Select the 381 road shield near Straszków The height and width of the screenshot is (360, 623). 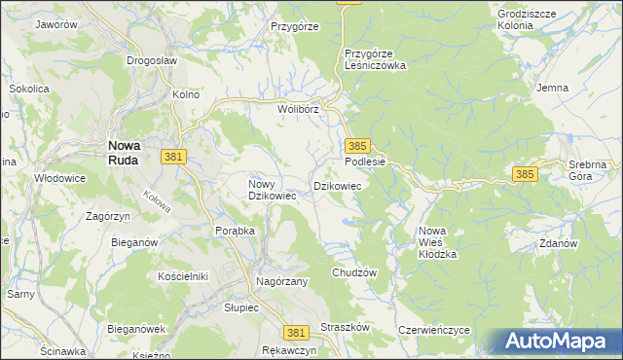[x=298, y=332]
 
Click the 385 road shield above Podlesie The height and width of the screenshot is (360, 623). [x=356, y=144]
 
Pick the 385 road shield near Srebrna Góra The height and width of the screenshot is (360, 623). [x=525, y=174]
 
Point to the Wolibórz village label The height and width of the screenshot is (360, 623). [x=299, y=109]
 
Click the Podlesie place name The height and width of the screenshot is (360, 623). [x=366, y=162]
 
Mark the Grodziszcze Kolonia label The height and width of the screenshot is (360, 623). [x=529, y=19]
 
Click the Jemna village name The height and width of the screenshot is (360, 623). [x=552, y=88]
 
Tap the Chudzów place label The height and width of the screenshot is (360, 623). [x=353, y=273]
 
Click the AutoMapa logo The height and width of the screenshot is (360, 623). [x=557, y=342]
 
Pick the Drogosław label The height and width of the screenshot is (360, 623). [x=152, y=59]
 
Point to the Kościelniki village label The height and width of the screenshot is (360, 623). [x=184, y=276]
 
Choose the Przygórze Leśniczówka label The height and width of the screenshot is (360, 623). [x=375, y=59]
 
